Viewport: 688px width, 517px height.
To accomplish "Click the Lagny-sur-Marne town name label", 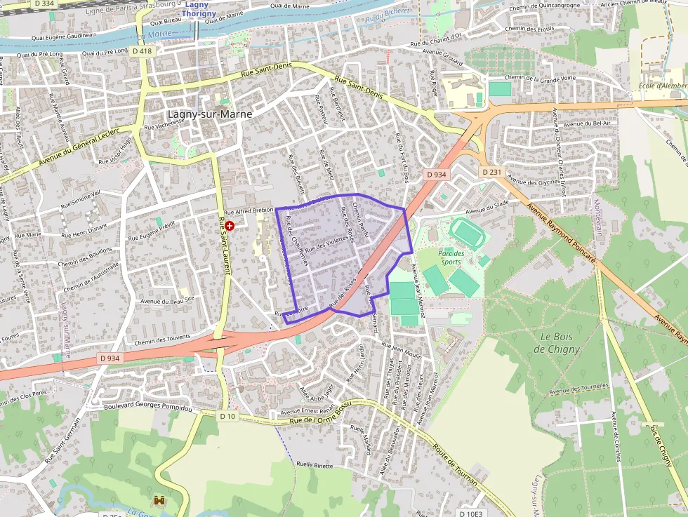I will (210, 114).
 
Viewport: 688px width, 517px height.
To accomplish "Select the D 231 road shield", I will (492, 172).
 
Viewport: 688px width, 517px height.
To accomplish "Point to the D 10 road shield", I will (227, 416).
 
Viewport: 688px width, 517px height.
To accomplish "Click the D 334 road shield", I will (44, 4).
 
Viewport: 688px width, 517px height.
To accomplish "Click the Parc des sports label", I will (451, 257).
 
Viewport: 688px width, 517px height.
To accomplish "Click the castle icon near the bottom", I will (159, 500).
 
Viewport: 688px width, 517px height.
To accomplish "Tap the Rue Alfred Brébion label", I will (249, 211).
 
